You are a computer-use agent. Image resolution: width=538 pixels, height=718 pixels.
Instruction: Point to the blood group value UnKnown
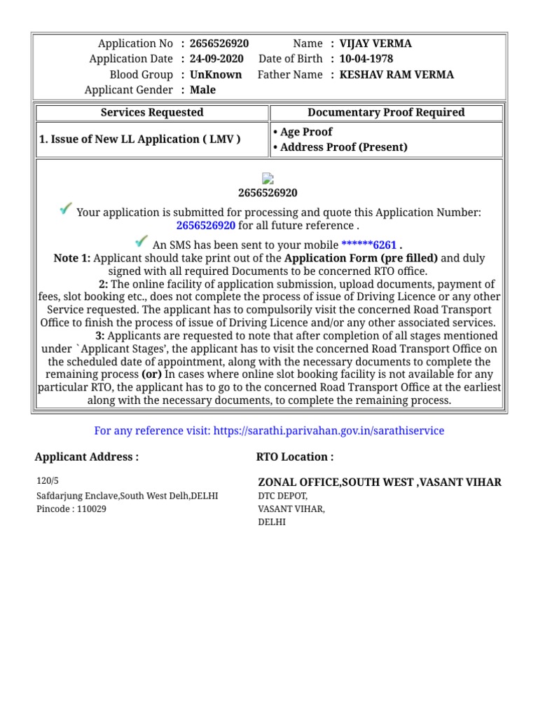(216, 74)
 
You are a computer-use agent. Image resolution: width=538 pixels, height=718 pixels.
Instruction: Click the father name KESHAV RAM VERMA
(396, 74)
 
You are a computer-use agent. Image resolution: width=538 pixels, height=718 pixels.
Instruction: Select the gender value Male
(202, 90)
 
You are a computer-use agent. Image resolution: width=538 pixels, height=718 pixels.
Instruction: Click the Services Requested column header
(152, 112)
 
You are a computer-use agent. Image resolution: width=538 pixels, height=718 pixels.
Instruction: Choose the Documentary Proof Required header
(386, 112)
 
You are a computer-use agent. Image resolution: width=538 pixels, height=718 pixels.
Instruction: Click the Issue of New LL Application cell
(140, 139)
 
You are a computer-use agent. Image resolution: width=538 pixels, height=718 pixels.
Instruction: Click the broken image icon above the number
(268, 179)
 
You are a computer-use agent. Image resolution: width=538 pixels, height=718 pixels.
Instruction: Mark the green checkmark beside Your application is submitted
(66, 209)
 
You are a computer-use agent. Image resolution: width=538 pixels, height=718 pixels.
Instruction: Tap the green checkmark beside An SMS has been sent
(142, 241)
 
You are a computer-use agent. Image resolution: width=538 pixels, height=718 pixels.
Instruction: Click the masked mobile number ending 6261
(368, 245)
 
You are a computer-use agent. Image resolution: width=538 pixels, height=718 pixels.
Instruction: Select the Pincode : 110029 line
(71, 508)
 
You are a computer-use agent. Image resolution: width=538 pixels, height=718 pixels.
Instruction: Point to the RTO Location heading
(294, 457)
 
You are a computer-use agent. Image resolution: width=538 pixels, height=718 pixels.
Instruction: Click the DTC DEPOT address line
(283, 496)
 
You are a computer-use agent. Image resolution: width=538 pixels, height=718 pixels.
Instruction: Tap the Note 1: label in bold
(72, 258)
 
